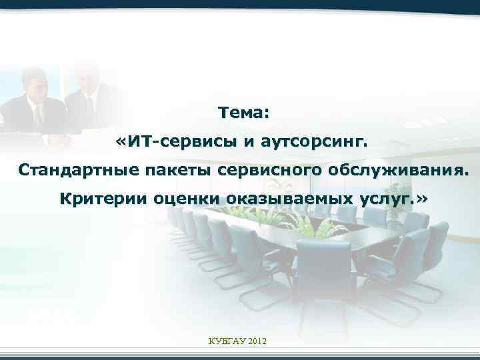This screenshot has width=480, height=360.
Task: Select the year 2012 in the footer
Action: pyautogui.click(x=257, y=341)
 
